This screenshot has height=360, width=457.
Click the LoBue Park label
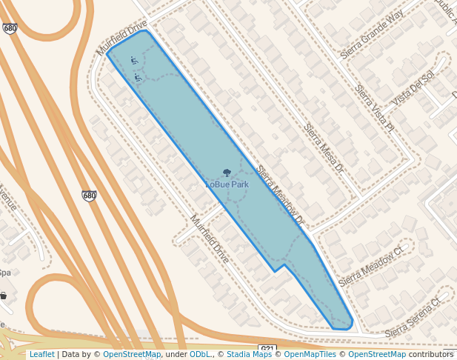tap(227, 184)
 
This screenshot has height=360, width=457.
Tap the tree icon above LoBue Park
tap(227, 173)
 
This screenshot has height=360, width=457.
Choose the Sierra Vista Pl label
tap(374, 109)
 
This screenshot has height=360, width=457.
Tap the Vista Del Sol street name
tap(413, 87)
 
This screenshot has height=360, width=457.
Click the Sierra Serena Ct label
tap(412, 315)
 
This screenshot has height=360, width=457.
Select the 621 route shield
tap(267, 349)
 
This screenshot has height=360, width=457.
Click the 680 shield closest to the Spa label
tap(89, 196)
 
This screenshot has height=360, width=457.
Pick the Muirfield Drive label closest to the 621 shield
tap(210, 240)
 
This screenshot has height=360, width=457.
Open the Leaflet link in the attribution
tap(41, 354)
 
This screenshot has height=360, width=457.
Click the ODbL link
tap(201, 354)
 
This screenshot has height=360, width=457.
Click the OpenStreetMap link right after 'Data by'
tap(132, 354)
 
